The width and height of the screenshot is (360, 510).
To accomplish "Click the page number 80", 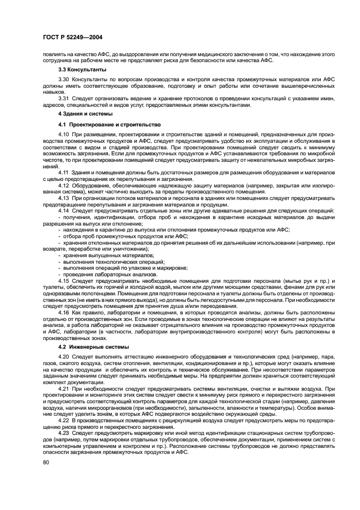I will tap(46, 462).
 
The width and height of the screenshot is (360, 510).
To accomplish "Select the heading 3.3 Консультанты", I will tap(82, 70).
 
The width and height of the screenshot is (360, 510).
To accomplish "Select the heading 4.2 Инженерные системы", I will tap(93, 347).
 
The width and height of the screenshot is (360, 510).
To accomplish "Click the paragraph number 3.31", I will tap(64, 98).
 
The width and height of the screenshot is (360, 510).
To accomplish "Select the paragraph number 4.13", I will tap(64, 197).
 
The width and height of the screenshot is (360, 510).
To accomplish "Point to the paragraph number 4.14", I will tap(64, 210).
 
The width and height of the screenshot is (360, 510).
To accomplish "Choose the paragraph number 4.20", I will tap(64, 357).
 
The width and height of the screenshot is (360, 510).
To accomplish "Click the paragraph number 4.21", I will tap(64, 388).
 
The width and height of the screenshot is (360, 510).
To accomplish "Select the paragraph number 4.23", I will tap(64, 433).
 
